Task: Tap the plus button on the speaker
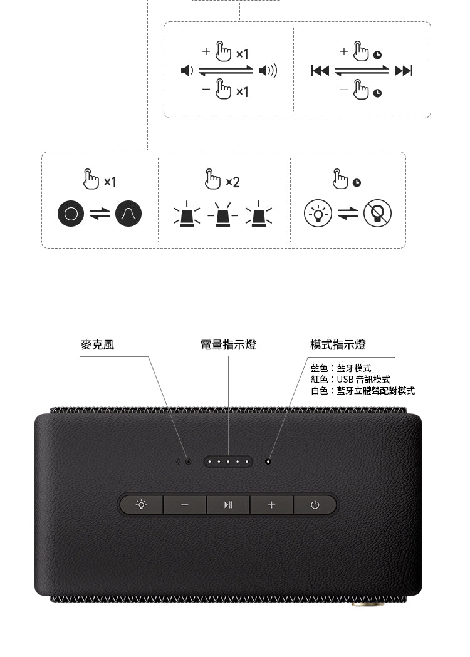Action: tap(271, 505)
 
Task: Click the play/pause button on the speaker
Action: tap(228, 505)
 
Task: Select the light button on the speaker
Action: tap(142, 505)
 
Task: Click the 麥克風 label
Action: tap(97, 344)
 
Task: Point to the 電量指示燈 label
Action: tap(228, 344)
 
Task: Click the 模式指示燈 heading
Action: tap(338, 344)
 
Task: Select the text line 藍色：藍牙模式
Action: tap(341, 368)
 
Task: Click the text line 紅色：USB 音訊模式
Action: tap(350, 380)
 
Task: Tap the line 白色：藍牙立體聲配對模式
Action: tap(363, 391)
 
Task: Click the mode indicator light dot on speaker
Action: tap(268, 462)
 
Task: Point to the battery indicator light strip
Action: tap(228, 462)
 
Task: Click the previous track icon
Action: tap(320, 71)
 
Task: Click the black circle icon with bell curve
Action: tap(128, 214)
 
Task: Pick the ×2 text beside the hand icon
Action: tap(232, 182)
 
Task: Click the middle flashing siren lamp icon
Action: tap(223, 214)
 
